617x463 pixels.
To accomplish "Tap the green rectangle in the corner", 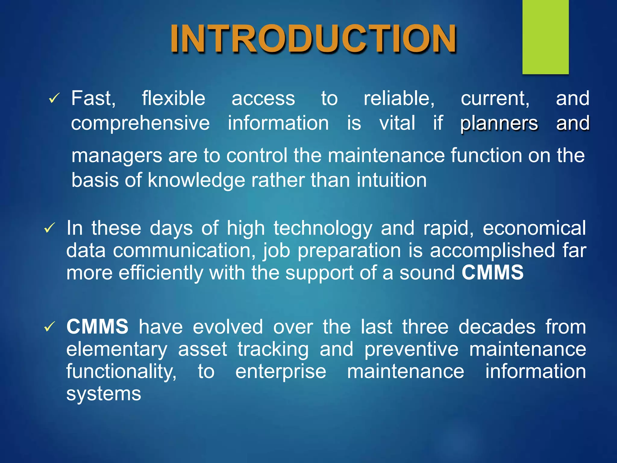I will click(545, 36).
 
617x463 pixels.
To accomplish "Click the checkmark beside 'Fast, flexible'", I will click(54, 98).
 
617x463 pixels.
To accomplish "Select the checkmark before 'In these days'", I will click(50, 228).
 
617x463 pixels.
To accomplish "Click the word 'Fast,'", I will click(93, 99).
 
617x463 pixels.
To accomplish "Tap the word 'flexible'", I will click(174, 99).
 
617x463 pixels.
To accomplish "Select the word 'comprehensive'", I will click(140, 123).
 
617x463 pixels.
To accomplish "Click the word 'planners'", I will click(499, 123).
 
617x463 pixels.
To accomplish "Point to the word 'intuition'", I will click(392, 180).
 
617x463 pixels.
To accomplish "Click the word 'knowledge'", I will click(196, 180).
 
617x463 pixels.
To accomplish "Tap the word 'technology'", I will click(323, 228).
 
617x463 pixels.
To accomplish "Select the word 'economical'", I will click(534, 228).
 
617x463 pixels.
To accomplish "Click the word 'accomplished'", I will click(492, 250).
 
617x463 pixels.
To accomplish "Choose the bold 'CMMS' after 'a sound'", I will click(493, 272).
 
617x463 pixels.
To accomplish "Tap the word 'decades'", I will click(497, 327).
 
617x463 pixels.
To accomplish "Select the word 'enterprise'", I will click(281, 371).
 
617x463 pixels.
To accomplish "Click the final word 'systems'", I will click(104, 394).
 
